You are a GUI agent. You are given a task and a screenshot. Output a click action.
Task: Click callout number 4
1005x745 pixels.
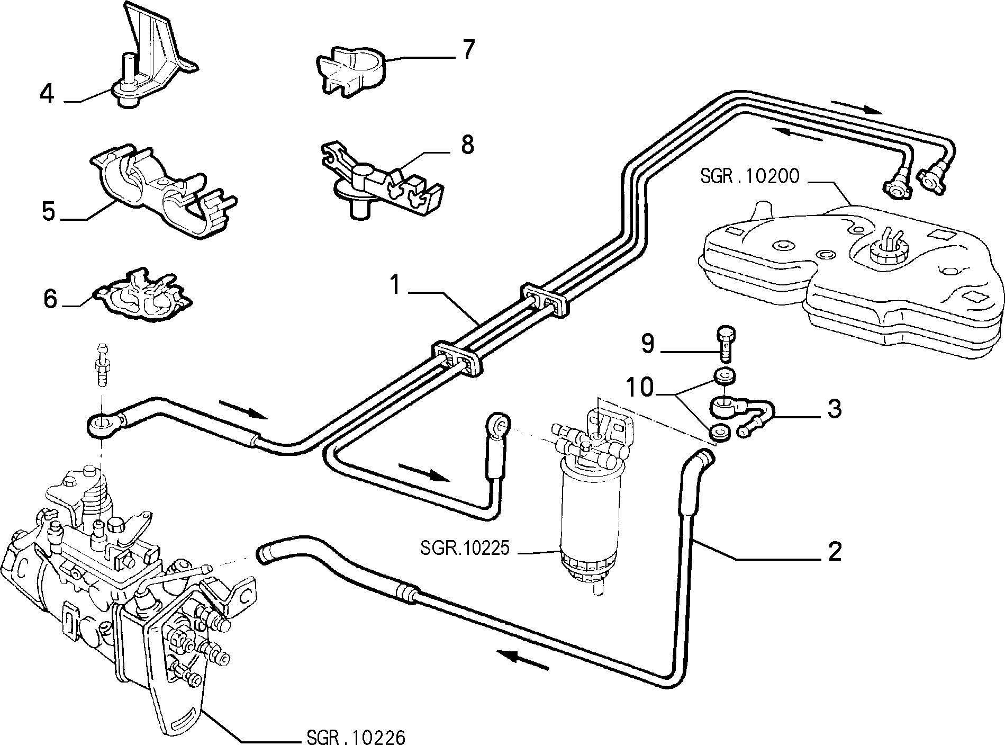[x=47, y=94]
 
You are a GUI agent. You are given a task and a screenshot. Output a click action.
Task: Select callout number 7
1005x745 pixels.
[x=468, y=50]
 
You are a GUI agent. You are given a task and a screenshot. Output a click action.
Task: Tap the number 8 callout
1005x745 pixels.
[x=467, y=145]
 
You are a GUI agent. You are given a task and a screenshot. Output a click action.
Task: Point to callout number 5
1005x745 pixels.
[x=48, y=211]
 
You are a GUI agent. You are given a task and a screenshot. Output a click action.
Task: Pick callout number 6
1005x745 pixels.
[x=50, y=299]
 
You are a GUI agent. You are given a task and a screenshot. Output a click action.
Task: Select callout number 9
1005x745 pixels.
[x=648, y=344]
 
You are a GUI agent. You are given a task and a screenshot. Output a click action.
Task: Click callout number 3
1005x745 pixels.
[x=834, y=409]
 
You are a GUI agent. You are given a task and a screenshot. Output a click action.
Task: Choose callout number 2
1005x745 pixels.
[x=834, y=551]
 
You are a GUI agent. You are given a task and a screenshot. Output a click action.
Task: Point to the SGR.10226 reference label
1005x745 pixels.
[x=356, y=737]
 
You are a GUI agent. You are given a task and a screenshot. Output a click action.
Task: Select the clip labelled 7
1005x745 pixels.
[x=352, y=74]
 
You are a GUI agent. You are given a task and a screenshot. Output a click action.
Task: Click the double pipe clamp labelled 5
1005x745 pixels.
[x=161, y=193]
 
